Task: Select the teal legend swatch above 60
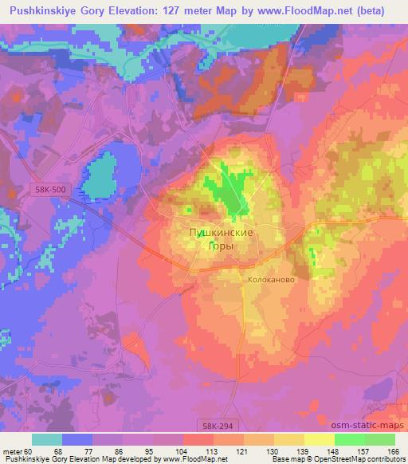[x=47, y=439]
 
